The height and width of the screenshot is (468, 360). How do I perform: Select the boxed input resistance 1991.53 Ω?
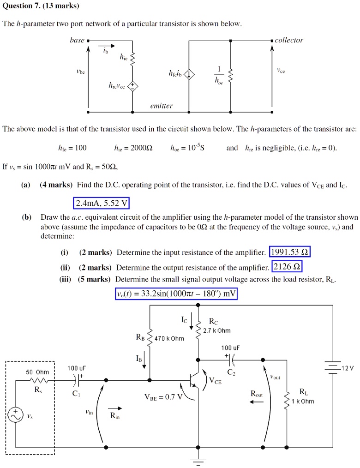click(290, 252)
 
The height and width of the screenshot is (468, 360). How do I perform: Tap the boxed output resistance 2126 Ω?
click(287, 267)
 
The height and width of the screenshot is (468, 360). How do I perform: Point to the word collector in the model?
click(289, 40)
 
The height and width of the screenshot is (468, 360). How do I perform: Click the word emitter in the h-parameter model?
click(162, 106)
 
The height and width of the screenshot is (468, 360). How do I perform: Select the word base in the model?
click(77, 40)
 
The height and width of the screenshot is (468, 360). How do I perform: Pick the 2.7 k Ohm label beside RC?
click(217, 330)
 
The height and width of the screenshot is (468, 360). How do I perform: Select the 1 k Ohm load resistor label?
click(303, 401)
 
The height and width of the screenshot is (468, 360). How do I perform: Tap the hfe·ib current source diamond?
click(190, 74)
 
